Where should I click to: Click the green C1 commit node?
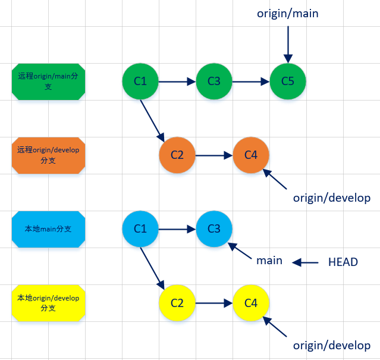[140, 81]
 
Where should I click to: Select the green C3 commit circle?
[214, 81]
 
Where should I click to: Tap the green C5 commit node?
[288, 81]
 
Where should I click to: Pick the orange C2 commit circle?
[177, 155]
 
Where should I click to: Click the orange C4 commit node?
[251, 155]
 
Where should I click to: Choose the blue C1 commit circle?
[140, 228]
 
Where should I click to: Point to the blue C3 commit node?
[214, 228]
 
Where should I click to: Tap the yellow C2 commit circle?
[177, 303]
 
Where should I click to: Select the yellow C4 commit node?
[251, 303]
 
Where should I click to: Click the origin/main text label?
[288, 13]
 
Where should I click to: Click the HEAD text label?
[343, 262]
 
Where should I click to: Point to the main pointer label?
[269, 261]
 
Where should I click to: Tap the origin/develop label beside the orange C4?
[332, 198]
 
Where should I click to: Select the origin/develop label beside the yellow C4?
[332, 346]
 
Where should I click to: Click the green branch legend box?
[48, 82]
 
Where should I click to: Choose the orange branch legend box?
[48, 155]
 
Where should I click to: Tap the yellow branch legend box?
[48, 302]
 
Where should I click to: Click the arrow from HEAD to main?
[306, 262]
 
